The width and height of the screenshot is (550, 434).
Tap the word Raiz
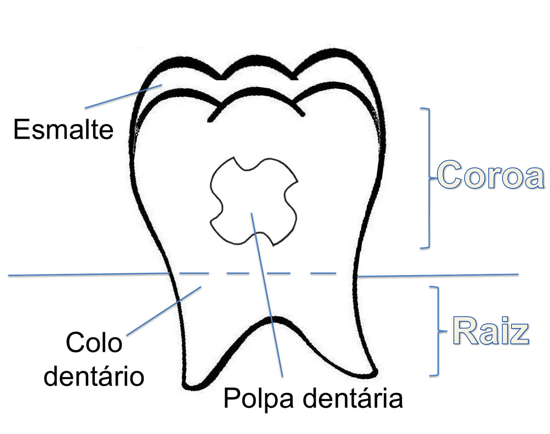(490, 330)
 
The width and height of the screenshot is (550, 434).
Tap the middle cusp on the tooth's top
(256, 59)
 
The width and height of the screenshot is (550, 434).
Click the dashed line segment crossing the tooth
(258, 274)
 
